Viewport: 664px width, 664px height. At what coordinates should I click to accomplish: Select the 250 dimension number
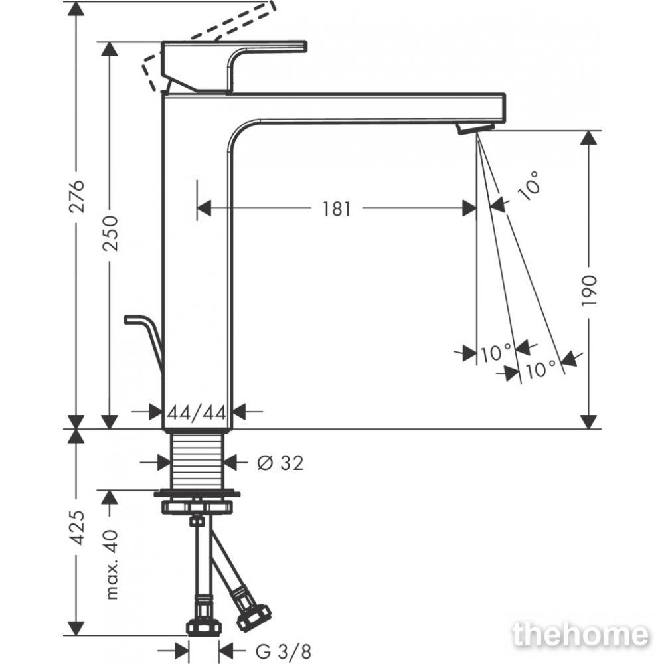(110, 233)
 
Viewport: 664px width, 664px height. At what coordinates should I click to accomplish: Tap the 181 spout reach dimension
(337, 208)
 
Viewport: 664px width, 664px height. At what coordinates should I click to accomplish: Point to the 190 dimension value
(588, 290)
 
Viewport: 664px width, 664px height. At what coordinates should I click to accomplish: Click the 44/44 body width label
(197, 412)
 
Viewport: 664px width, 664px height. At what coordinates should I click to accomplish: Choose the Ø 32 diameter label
(280, 463)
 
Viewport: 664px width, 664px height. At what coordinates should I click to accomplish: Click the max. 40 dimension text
(110, 564)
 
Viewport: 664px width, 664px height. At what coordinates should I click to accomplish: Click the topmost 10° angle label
(529, 185)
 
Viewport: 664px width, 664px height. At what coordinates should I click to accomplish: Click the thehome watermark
(580, 634)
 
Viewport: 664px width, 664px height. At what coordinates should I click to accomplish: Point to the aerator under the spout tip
(474, 128)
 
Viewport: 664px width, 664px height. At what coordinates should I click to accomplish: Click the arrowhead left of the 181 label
(204, 208)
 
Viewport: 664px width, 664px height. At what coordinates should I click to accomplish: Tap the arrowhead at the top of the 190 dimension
(588, 139)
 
